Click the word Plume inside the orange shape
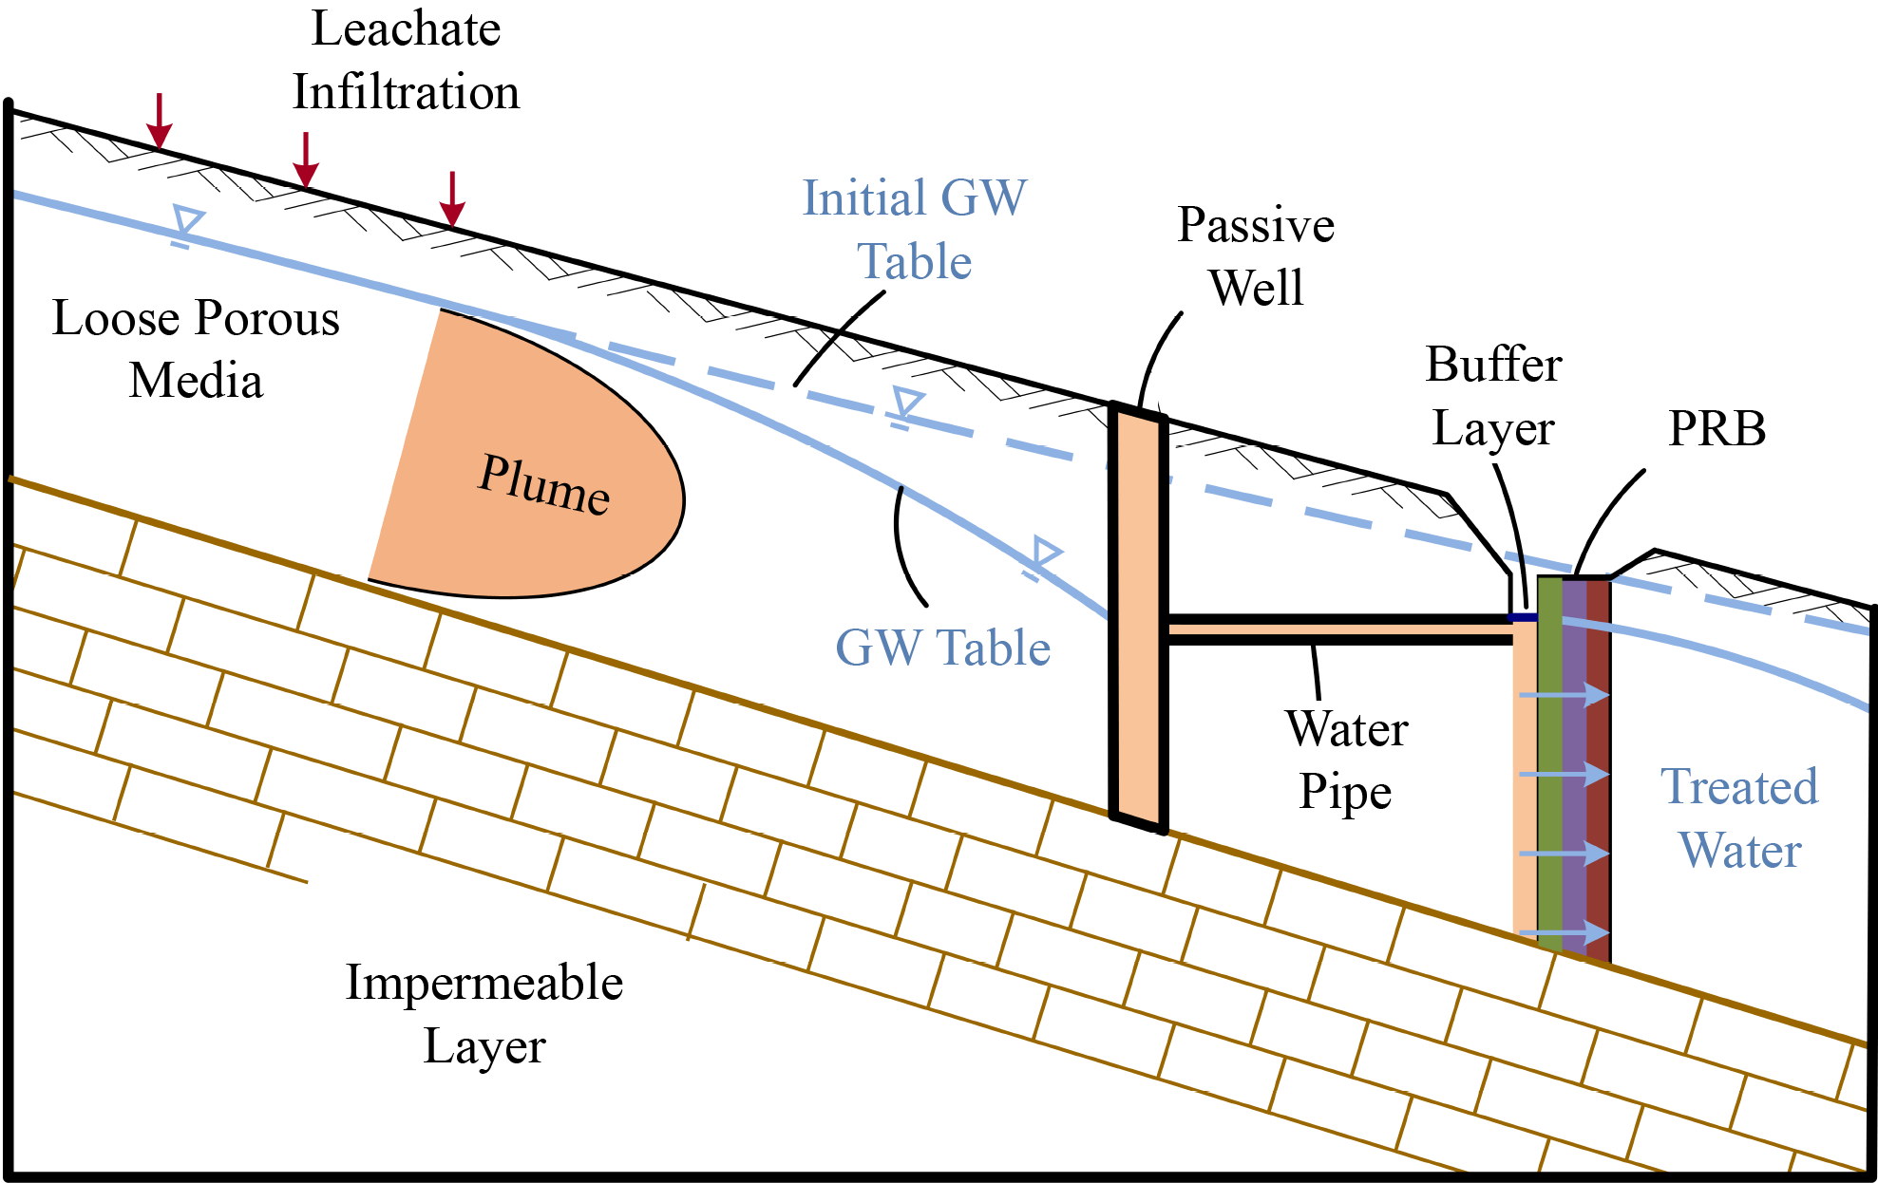click(543, 485)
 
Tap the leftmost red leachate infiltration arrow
click(160, 121)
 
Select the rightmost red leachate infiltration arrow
click(452, 199)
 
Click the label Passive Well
click(1256, 256)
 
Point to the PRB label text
click(1717, 428)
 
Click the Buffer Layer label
click(1493, 396)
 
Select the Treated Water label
click(1739, 817)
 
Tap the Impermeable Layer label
click(484, 1013)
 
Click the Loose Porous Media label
click(196, 348)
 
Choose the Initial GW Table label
click(914, 230)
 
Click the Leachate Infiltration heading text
click(406, 60)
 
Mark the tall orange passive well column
click(1138, 617)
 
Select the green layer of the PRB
click(1549, 760)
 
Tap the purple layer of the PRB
click(1574, 760)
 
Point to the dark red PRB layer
click(1598, 760)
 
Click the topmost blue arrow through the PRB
click(1564, 696)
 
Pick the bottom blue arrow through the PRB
click(1564, 932)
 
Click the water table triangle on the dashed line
click(907, 403)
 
